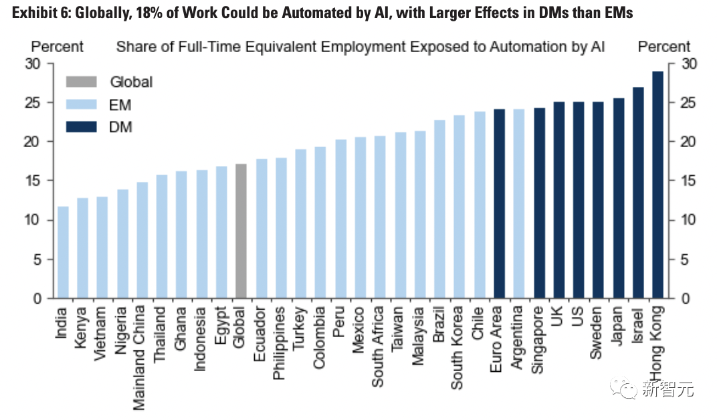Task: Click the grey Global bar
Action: tap(241, 231)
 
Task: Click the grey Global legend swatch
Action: tap(81, 82)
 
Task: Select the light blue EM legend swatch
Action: tap(81, 104)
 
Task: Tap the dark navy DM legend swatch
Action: tap(81, 126)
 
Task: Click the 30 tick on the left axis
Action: tap(34, 64)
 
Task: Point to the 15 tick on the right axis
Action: tap(688, 181)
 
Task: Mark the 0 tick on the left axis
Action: tap(38, 298)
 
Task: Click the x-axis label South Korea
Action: tap(458, 347)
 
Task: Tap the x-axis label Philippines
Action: tap(280, 343)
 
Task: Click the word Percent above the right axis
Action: tap(663, 47)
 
